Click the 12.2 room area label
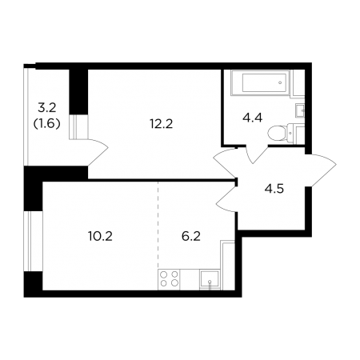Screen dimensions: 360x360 [x=161, y=124]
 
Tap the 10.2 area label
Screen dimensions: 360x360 [x=100, y=236]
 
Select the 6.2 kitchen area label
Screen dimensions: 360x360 [x=191, y=236]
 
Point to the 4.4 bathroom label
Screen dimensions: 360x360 [x=252, y=118]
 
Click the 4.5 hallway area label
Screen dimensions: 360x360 [x=274, y=189]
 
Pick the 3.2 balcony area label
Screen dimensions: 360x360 [x=47, y=108]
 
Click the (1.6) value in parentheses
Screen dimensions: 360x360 [x=46, y=123]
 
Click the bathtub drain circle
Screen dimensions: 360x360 [x=280, y=82]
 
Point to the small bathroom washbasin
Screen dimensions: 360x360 [x=300, y=110]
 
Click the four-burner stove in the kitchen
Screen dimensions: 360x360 [x=169, y=279]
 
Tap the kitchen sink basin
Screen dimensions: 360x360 [x=210, y=279]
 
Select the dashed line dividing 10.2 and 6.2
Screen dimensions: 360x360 [x=158, y=226]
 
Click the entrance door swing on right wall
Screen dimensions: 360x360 [x=321, y=170]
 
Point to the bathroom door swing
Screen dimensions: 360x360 [x=255, y=154]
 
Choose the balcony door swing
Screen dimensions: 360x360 [x=98, y=152]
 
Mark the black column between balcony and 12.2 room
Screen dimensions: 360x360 [x=78, y=91]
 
